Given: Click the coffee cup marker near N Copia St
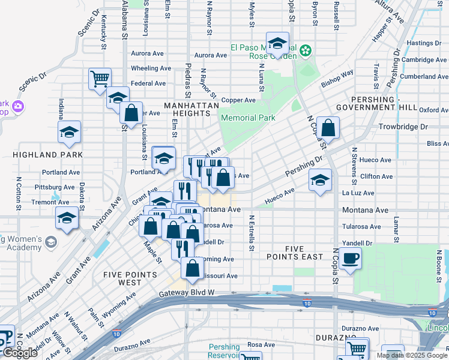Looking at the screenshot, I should pyautogui.click(x=350, y=259).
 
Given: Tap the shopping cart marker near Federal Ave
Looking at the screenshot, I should pyautogui.click(x=100, y=79).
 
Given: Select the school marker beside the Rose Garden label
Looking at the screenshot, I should pyautogui.click(x=277, y=43).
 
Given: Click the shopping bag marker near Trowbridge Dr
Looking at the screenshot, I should pyautogui.click(x=328, y=128).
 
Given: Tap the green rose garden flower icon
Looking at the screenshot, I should pyautogui.click(x=306, y=50).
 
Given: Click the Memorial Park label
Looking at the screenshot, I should pyautogui.click(x=248, y=118).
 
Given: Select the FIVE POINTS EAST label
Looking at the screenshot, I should pyautogui.click(x=295, y=253).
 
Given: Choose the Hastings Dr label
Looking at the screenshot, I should pyautogui.click(x=424, y=43).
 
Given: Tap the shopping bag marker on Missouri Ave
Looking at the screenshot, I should pyautogui.click(x=193, y=269).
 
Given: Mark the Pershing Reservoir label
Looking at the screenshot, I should pyautogui.click(x=224, y=351).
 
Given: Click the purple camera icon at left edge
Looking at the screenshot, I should pyautogui.click(x=18, y=106).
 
